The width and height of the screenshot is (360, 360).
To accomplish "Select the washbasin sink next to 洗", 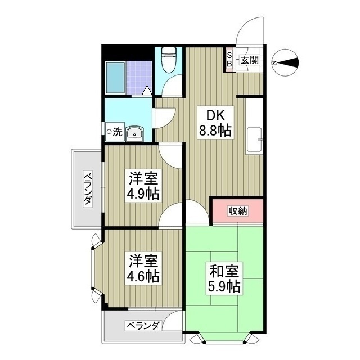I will coord(135,133).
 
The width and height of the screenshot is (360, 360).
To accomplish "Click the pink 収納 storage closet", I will coord(237,211).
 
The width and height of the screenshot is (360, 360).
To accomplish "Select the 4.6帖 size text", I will coord(143,276).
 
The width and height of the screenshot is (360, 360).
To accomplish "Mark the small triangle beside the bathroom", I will coord(147,89).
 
